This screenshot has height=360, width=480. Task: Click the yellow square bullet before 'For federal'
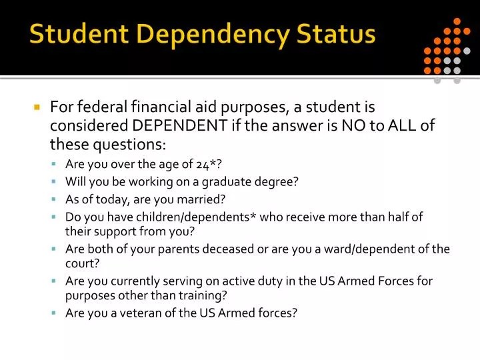(37, 107)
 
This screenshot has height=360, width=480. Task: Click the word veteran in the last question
(137, 312)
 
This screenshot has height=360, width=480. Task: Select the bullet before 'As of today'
(55, 199)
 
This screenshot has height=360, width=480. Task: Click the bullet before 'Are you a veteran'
(55, 313)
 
